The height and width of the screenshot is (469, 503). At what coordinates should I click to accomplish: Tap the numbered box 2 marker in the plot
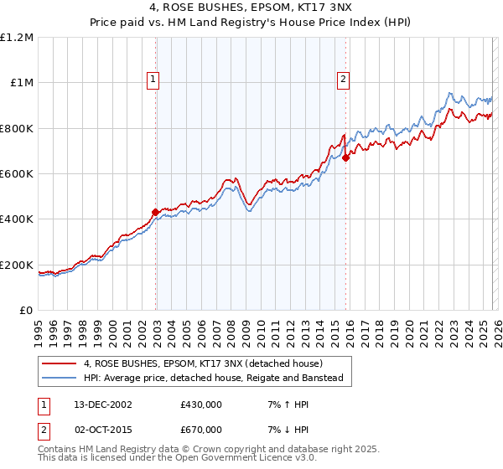tap(344, 80)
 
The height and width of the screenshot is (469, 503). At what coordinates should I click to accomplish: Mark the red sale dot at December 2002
tap(155, 213)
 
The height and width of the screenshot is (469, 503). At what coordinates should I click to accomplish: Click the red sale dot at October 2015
tap(345, 157)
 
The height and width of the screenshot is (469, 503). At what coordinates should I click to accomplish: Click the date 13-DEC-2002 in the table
tap(100, 404)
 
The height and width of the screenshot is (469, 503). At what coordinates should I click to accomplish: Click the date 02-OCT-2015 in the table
tap(100, 429)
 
